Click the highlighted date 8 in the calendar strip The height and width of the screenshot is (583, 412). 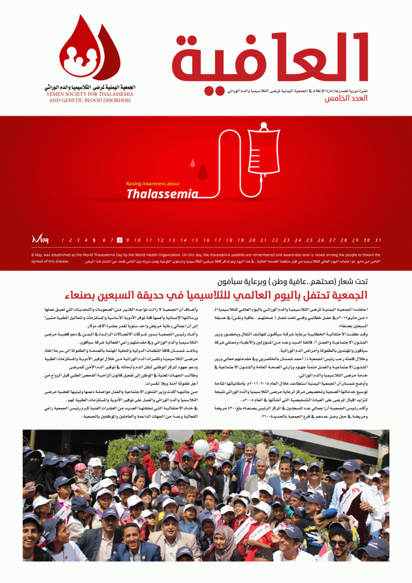(x=120, y=240)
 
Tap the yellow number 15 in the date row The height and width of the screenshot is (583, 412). (x=195, y=240)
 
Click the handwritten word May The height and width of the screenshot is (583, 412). (x=40, y=239)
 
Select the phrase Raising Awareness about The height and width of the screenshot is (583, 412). (x=153, y=183)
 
